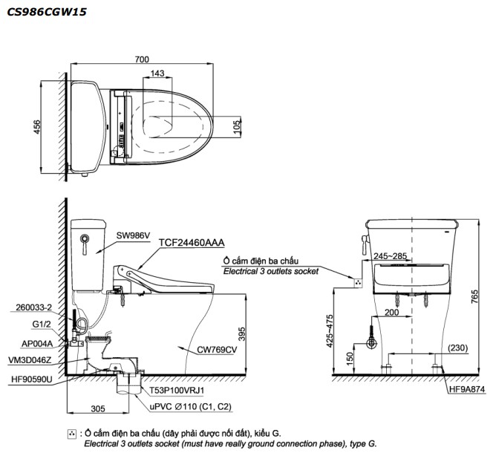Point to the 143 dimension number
coord(157,74)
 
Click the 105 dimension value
coord(237,129)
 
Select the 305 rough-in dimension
coord(92,408)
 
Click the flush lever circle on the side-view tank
coord(85,239)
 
